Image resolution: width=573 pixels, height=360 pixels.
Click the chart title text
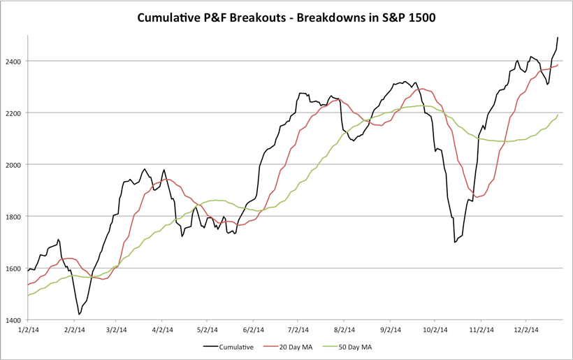(x=286, y=15)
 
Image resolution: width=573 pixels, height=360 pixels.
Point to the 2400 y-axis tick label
(x=13, y=62)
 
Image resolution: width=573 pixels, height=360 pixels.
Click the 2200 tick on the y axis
(x=13, y=113)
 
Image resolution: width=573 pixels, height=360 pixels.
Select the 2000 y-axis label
(x=13, y=165)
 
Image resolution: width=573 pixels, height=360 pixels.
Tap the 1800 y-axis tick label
(x=13, y=217)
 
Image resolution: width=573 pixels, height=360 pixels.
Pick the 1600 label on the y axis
(x=13, y=268)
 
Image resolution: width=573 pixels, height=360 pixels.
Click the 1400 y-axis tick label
(x=13, y=320)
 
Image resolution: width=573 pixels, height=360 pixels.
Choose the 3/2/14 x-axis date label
(x=117, y=329)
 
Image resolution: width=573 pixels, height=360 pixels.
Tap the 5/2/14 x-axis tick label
(x=208, y=329)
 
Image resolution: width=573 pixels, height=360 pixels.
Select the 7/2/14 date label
(x=298, y=329)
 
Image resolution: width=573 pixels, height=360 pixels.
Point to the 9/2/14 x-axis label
(x=391, y=329)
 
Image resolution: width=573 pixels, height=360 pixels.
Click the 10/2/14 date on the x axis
(x=435, y=329)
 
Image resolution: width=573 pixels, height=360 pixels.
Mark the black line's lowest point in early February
(x=79, y=315)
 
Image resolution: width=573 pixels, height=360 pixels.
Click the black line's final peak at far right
(x=558, y=37)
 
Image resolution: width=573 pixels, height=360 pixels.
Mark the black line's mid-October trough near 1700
(x=455, y=242)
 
